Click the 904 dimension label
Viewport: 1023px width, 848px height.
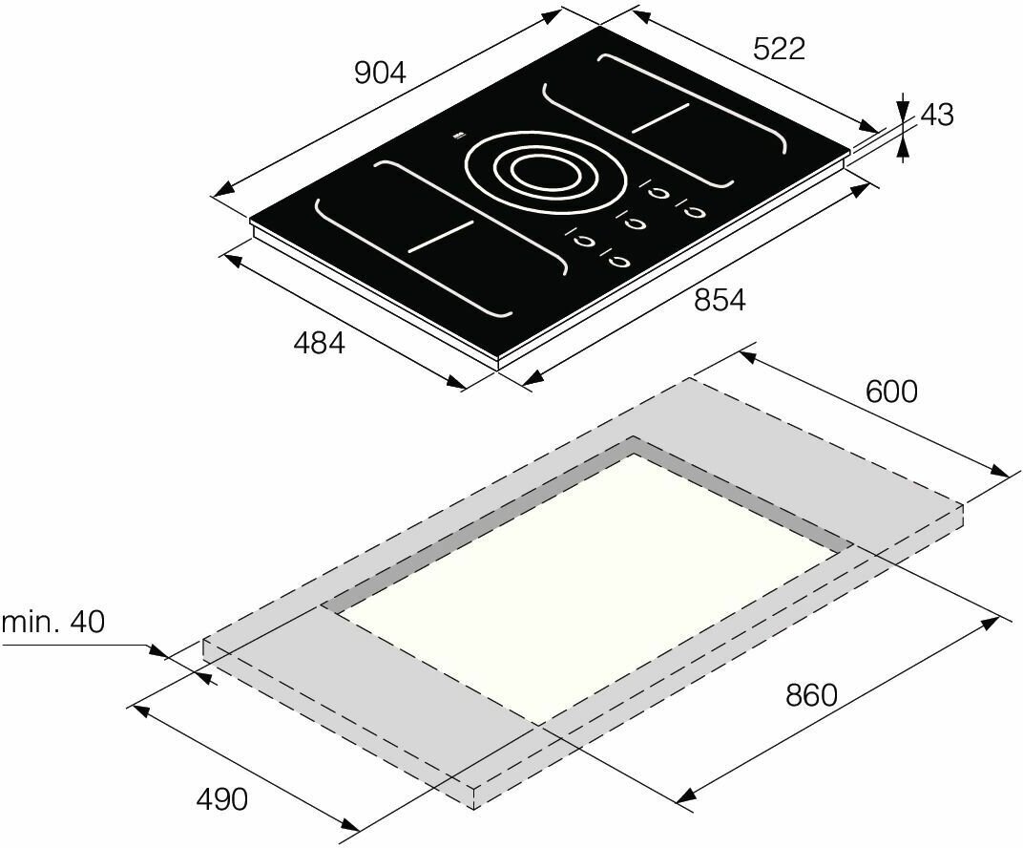pos(380,74)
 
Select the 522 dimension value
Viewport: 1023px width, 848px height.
pos(780,49)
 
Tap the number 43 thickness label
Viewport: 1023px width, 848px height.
pos(937,115)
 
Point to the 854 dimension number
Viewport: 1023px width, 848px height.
pos(720,300)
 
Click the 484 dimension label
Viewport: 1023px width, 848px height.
pos(319,343)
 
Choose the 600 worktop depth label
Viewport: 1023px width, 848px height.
pos(892,391)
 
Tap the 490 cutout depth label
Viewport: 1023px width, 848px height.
pos(222,799)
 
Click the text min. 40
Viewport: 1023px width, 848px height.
pos(52,622)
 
